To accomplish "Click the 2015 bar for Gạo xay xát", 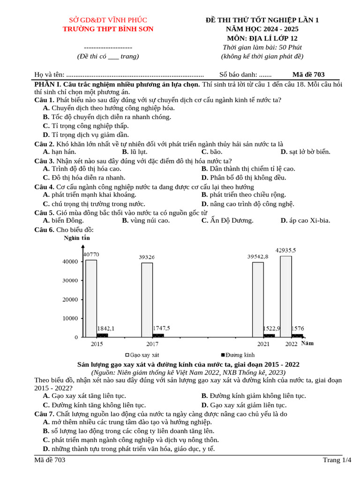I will point(91,298).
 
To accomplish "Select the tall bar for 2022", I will point(286,296).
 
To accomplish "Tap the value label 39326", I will point(148,257).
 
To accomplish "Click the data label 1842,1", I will point(105,328).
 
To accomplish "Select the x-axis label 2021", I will point(263,344).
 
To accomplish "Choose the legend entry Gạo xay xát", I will point(142,355).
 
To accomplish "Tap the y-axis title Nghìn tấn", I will point(76,238).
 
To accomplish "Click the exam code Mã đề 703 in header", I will point(308,75).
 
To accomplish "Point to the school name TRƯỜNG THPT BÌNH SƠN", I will point(108,29).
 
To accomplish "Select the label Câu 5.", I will point(44,212).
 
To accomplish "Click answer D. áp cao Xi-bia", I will point(305,220).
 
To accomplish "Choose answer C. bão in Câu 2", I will point(212,152).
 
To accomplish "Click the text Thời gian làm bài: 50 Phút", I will point(262,47).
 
